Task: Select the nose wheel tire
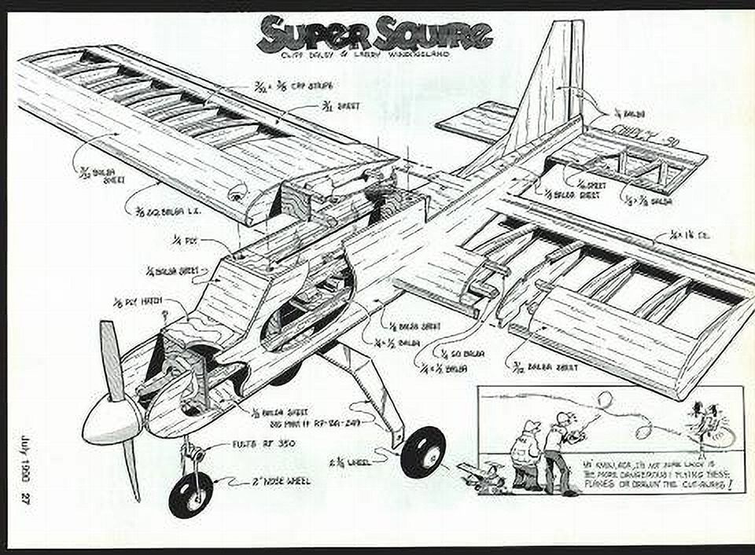190,494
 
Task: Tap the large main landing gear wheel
422,452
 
